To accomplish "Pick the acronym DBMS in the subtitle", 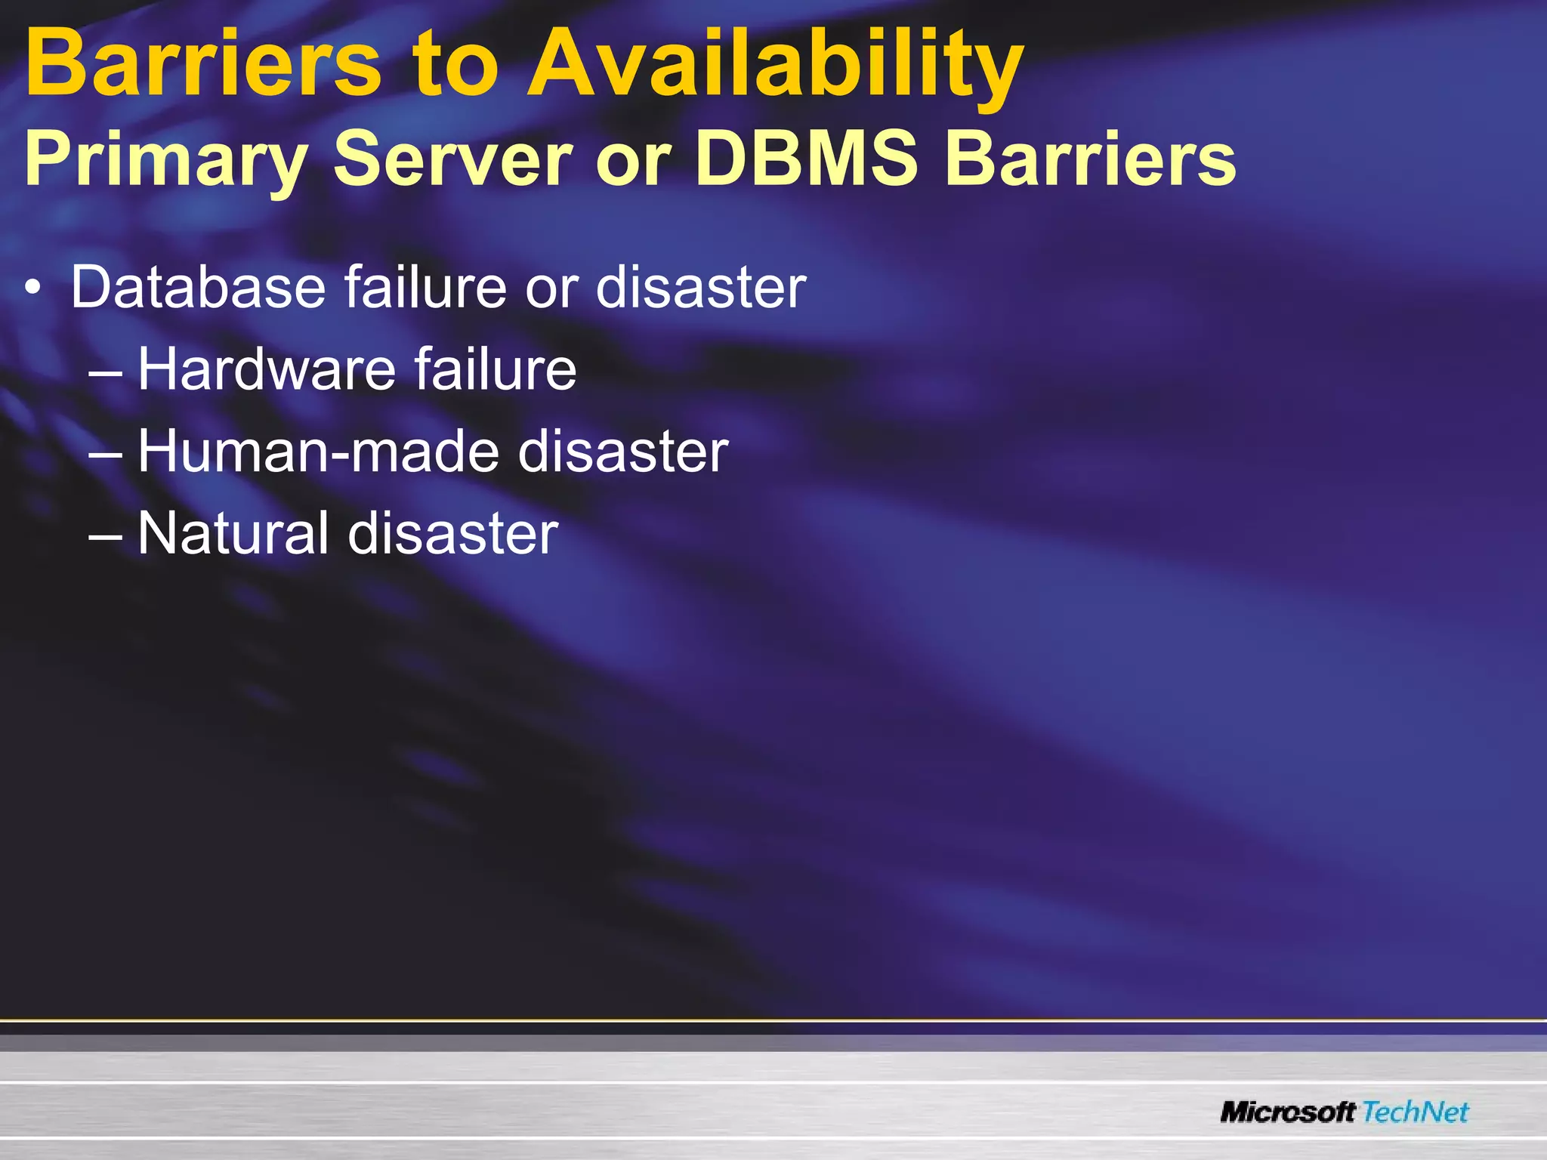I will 806,159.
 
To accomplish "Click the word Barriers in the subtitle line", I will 1090,159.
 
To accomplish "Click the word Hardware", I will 266,369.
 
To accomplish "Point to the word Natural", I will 233,533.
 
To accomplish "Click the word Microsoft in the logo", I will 1289,1112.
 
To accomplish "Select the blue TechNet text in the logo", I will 1416,1112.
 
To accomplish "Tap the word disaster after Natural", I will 452,533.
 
